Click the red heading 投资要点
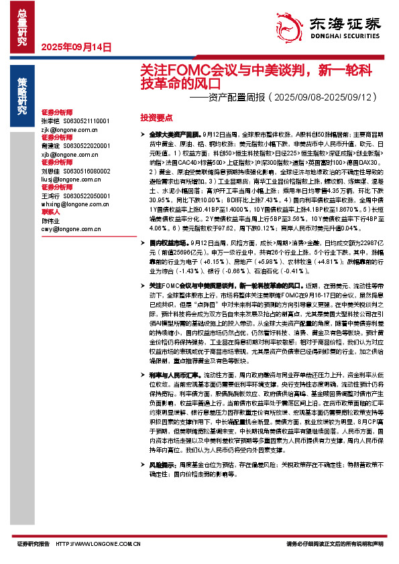(155, 117)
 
